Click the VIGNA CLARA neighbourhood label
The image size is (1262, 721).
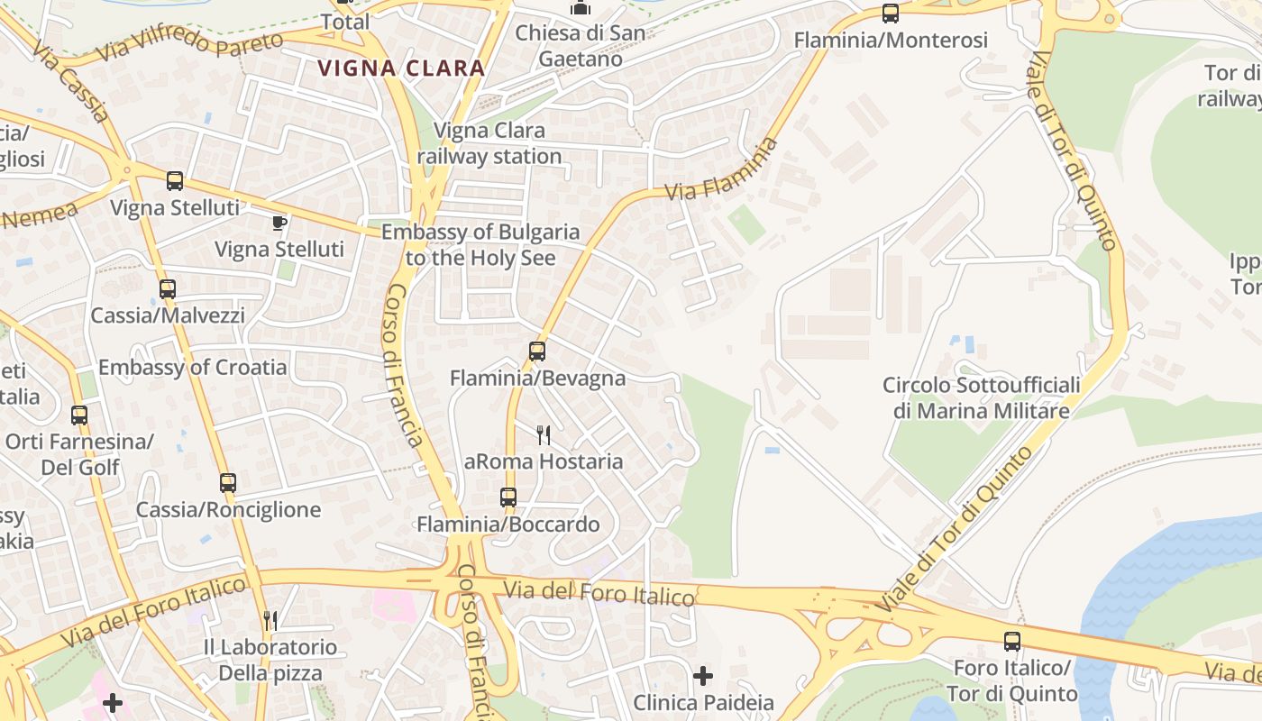401,68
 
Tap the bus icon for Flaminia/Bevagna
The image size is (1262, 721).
537,351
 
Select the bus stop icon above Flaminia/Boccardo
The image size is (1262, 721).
508,497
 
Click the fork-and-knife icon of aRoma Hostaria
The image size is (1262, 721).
544,435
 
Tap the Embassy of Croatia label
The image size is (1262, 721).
192,367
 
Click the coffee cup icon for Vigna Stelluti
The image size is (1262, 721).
279,222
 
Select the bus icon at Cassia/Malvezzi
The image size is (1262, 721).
168,289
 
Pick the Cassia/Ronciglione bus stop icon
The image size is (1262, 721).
228,482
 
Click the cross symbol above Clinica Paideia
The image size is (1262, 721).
703,675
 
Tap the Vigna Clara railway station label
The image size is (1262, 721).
489,143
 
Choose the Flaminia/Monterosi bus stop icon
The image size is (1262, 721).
891,13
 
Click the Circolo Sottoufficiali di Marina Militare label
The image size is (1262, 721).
981,397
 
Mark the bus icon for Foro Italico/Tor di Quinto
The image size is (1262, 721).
1012,641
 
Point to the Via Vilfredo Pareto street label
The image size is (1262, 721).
190,42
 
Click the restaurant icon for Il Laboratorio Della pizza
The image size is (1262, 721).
270,619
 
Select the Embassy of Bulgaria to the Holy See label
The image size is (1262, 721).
480,244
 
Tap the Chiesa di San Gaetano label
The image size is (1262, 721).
581,46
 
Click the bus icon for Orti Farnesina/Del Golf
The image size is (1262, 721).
79,415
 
